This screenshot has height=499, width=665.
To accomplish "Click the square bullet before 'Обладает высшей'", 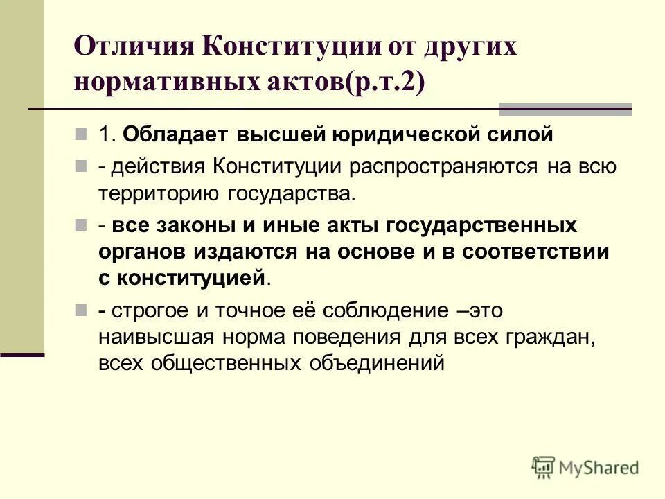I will (80, 134).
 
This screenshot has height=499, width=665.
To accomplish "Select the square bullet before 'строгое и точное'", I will (80, 310).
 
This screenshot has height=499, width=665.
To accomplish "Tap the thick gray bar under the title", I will (565, 109).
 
